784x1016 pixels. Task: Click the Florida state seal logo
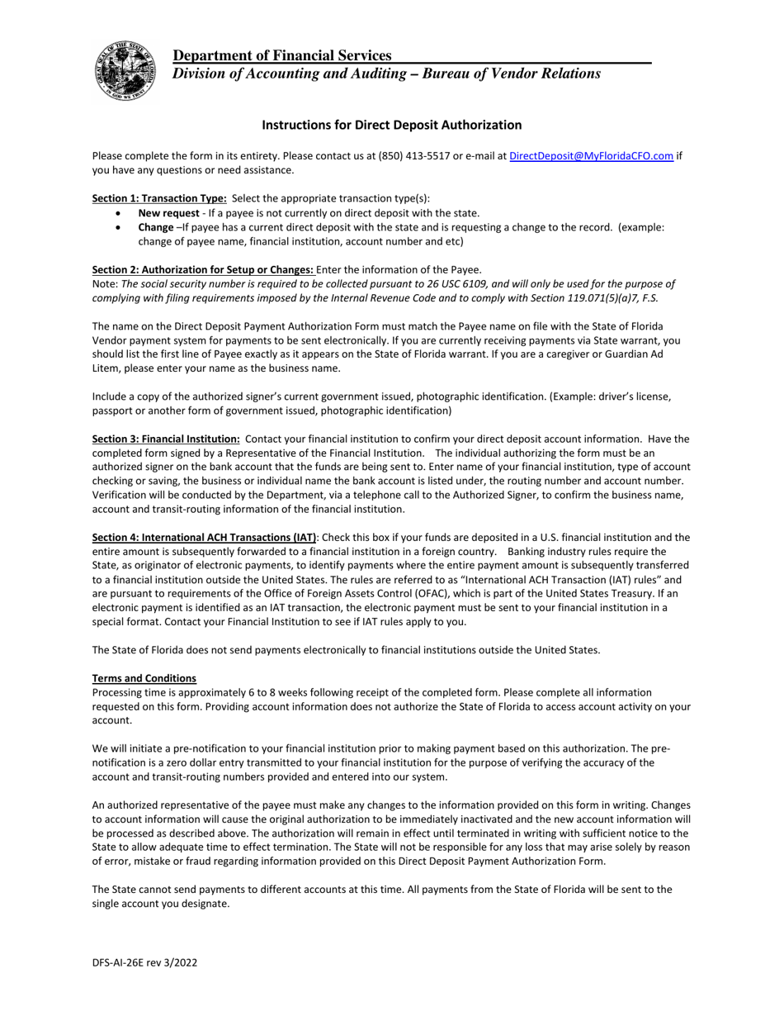point(125,70)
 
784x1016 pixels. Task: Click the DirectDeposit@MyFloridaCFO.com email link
point(591,156)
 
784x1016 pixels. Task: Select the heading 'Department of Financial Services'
point(282,55)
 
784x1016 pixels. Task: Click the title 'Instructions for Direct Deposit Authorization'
point(391,125)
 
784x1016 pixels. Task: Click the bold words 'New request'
point(168,213)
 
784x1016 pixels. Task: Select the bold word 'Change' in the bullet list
point(155,227)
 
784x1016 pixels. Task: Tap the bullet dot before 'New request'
point(120,213)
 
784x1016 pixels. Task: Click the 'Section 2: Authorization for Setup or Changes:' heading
point(202,269)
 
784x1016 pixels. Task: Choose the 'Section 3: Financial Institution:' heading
point(166,439)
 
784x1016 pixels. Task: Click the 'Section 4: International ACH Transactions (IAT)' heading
point(204,538)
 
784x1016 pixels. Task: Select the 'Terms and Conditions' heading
point(144,678)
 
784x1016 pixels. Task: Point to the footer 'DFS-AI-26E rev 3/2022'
point(144,962)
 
